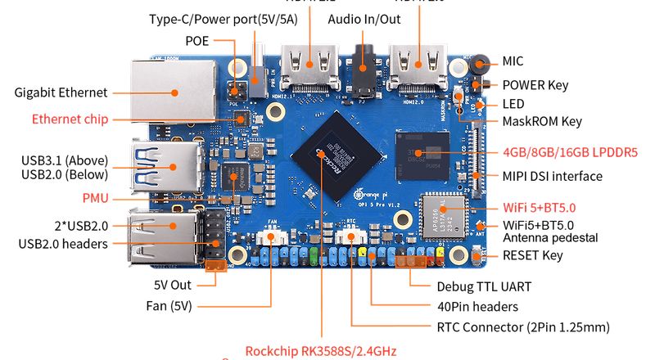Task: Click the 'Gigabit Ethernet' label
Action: click(61, 92)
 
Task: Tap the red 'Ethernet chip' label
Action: click(70, 119)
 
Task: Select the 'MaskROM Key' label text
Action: click(541, 121)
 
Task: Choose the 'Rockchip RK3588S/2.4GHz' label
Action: click(320, 351)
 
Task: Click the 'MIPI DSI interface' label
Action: click(552, 176)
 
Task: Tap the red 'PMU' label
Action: click(95, 197)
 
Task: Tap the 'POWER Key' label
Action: click(535, 84)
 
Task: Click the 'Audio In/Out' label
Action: click(364, 18)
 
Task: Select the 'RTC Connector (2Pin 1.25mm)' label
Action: click(524, 327)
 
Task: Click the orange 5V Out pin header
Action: click(216, 266)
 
